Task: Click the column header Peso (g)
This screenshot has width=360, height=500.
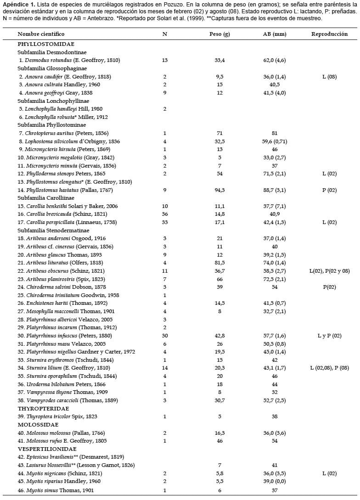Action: (x=219, y=34)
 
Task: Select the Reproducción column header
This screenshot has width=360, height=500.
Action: (x=329, y=34)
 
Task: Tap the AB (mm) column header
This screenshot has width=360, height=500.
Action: (x=273, y=34)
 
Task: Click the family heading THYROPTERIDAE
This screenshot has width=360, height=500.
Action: (x=44, y=408)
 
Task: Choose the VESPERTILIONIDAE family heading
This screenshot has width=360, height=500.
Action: (x=47, y=449)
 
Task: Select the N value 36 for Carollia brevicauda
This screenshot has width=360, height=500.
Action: (x=165, y=214)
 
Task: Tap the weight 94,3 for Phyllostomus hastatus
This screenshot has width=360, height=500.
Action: (x=219, y=190)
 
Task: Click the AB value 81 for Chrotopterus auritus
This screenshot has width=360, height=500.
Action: (x=273, y=133)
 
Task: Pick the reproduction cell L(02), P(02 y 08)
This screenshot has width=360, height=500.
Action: (x=330, y=271)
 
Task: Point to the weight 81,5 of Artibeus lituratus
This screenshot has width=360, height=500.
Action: (x=219, y=263)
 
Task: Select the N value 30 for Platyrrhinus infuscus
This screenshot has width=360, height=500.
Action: (x=165, y=336)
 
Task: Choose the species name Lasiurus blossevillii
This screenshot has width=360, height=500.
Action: (x=48, y=465)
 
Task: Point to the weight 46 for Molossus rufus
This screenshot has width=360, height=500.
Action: (x=219, y=441)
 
